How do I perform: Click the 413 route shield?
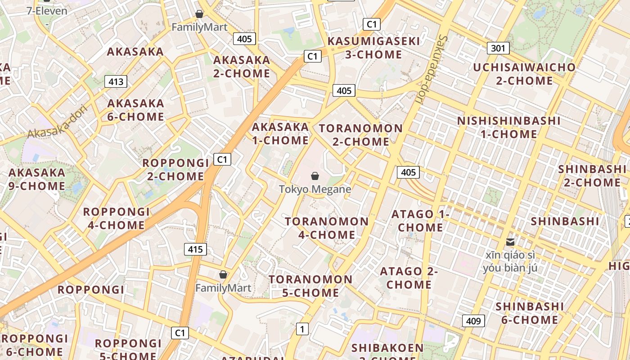[116, 81]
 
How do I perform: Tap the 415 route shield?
[195, 249]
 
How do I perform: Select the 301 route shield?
[498, 48]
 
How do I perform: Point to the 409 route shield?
[473, 321]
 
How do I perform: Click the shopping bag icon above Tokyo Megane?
[315, 176]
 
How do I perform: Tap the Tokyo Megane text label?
[315, 189]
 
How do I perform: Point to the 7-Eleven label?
[47, 11]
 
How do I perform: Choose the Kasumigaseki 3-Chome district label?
[373, 48]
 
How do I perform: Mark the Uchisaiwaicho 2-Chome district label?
[524, 74]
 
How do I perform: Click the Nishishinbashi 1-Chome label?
[509, 127]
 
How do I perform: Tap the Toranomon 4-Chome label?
[327, 228]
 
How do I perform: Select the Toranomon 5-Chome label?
[310, 286]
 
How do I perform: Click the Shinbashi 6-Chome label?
[529, 313]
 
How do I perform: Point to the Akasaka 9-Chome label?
[37, 179]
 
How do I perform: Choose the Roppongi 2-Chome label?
[176, 169]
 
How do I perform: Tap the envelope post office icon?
[510, 242]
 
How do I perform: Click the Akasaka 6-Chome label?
[135, 110]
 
